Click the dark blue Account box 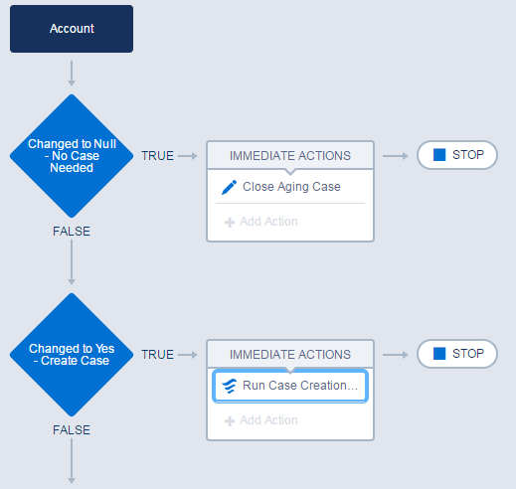tap(72, 29)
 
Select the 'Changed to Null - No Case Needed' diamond tap(72, 155)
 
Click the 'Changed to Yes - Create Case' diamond tap(72, 355)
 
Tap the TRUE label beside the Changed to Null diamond tap(157, 156)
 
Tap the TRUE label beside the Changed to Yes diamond tap(157, 355)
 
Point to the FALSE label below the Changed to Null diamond tap(72, 232)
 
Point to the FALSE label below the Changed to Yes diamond tap(72, 430)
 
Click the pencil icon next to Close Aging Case tap(229, 187)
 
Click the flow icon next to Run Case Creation tap(229, 386)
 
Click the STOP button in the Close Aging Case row tap(456, 155)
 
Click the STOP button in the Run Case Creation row tap(456, 354)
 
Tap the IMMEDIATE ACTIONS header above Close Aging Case tap(289, 155)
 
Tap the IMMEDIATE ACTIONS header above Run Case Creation tap(289, 354)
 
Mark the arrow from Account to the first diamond tap(72, 73)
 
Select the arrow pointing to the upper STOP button tap(395, 156)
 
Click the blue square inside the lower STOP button tap(438, 354)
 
